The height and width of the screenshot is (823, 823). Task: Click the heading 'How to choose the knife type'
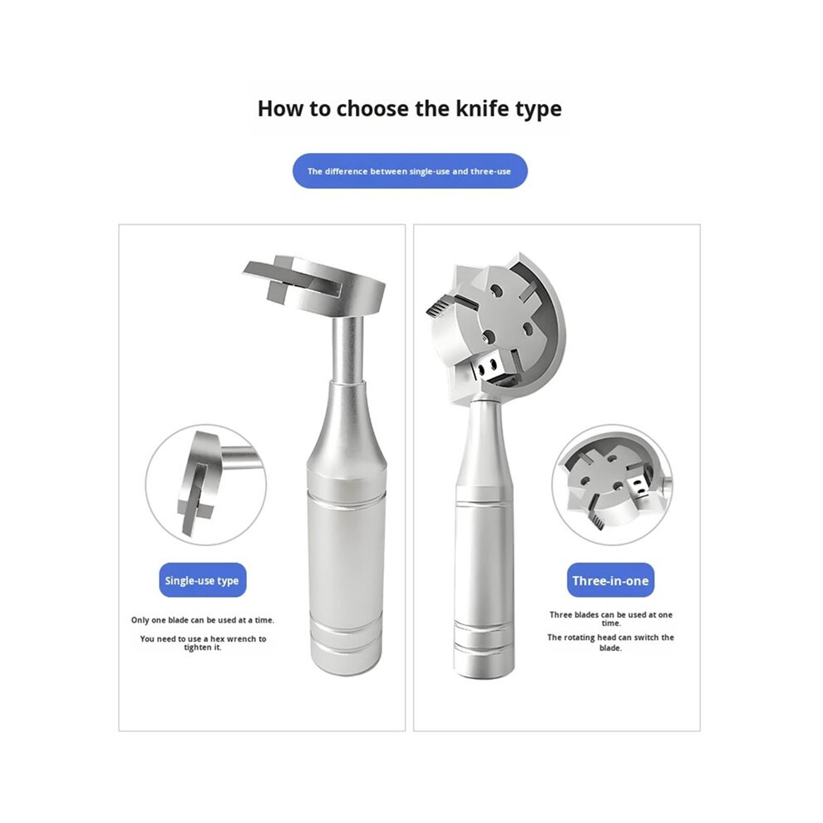[x=409, y=109]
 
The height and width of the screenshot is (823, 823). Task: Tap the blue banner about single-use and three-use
[x=409, y=171]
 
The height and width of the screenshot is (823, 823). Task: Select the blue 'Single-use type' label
[x=202, y=580]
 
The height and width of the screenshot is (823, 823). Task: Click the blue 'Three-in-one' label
[x=610, y=580]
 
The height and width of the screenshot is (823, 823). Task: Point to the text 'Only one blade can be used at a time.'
[x=203, y=620]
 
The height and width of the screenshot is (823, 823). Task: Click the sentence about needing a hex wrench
[x=203, y=643]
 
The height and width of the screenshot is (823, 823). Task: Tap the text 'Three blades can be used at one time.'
[x=611, y=618]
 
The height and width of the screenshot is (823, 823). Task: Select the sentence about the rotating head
[x=610, y=643]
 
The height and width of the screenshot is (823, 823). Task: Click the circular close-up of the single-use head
[x=206, y=485]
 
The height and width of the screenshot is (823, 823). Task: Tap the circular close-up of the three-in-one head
[x=612, y=485]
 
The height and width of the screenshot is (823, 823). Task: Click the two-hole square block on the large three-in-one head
[x=488, y=367]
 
